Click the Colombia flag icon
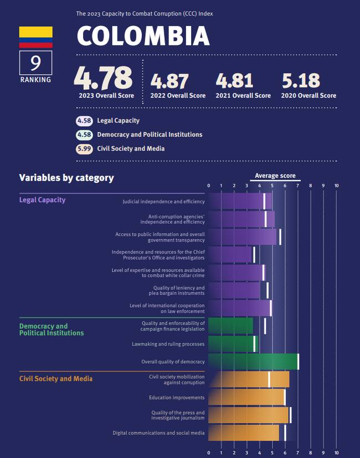coord(35,37)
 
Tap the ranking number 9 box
coord(35,63)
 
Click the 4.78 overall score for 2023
coord(104,77)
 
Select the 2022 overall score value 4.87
coord(170,81)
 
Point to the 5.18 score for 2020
coord(301,81)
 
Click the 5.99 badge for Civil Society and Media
coord(84,148)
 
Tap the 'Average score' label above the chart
coord(275,176)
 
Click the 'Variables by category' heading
coord(66,178)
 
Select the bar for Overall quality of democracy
coord(253,362)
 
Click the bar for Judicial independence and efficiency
coord(236,202)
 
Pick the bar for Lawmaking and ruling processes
coord(233,344)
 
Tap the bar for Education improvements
coord(246,397)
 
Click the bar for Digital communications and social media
coord(244,433)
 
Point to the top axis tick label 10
coord(336,186)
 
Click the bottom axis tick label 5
coord(272,452)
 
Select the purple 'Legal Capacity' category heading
coord(42,200)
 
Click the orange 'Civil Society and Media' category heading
coord(55,379)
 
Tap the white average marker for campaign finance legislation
coord(265,326)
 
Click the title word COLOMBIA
coord(143,36)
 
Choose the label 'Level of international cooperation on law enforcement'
coord(167,308)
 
